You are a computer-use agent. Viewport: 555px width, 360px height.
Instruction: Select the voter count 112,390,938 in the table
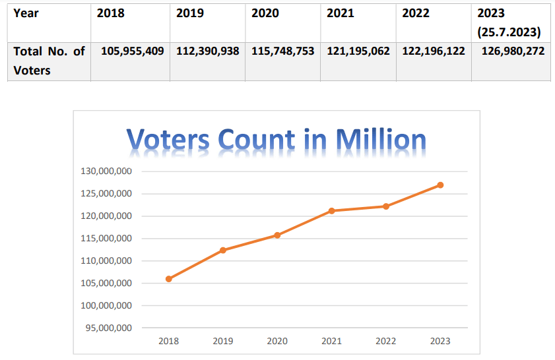click(207, 51)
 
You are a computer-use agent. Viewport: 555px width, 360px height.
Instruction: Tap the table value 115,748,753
click(282, 51)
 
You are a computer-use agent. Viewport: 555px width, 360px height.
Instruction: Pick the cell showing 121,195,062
click(358, 51)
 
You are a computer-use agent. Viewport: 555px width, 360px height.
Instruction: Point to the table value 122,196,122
click(433, 51)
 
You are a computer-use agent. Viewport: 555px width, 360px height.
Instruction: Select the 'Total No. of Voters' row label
click(48, 60)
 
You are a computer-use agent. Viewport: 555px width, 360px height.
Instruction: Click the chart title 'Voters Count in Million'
click(276, 139)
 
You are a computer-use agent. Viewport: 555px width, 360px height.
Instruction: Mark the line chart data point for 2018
click(169, 279)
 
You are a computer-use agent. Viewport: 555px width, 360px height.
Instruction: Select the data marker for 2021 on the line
click(332, 211)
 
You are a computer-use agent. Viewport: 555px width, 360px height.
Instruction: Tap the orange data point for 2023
click(440, 185)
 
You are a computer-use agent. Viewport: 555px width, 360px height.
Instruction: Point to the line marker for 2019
click(223, 250)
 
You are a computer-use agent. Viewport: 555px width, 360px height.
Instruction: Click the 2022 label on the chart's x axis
click(386, 341)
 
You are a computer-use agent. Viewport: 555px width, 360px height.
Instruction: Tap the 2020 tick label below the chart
click(277, 341)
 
